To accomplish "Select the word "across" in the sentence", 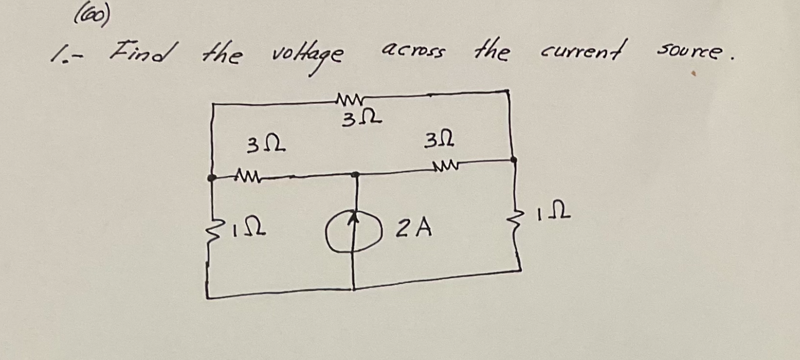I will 413,51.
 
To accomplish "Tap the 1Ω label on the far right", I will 554,215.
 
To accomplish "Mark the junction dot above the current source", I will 355,175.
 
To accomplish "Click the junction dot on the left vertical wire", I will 211,177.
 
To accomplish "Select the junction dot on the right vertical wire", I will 513,160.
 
